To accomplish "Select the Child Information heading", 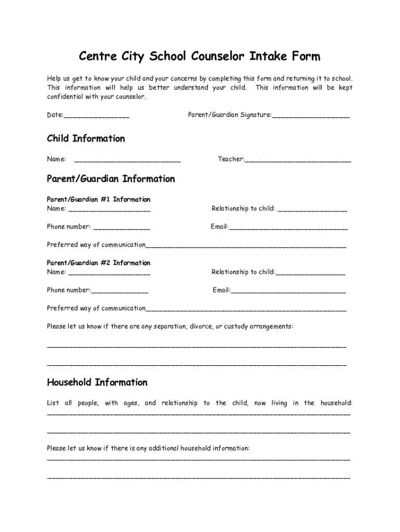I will (86, 139).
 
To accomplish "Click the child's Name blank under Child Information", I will (127, 160).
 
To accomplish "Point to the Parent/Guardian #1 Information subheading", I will (99, 199).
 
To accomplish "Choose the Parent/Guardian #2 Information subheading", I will (99, 263).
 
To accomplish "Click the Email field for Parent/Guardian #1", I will (288, 228).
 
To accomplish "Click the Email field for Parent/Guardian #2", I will (288, 291).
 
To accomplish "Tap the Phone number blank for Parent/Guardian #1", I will (122, 228).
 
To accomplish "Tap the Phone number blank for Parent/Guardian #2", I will (119, 291).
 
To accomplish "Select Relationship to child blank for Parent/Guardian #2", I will (311, 273).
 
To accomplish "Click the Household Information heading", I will (97, 382).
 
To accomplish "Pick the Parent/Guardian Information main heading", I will (111, 179).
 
